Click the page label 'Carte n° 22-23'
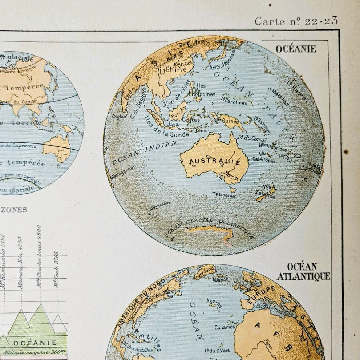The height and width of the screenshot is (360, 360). coord(296,21)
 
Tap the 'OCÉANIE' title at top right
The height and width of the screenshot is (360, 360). coord(296,49)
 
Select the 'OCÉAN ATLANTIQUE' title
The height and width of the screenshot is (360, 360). coord(303,272)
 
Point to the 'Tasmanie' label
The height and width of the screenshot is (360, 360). coord(223,194)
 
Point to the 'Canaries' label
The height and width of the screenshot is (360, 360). coord(225,327)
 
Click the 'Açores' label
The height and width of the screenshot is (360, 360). coord(214,303)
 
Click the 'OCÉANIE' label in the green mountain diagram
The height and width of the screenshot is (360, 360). coord(35,343)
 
